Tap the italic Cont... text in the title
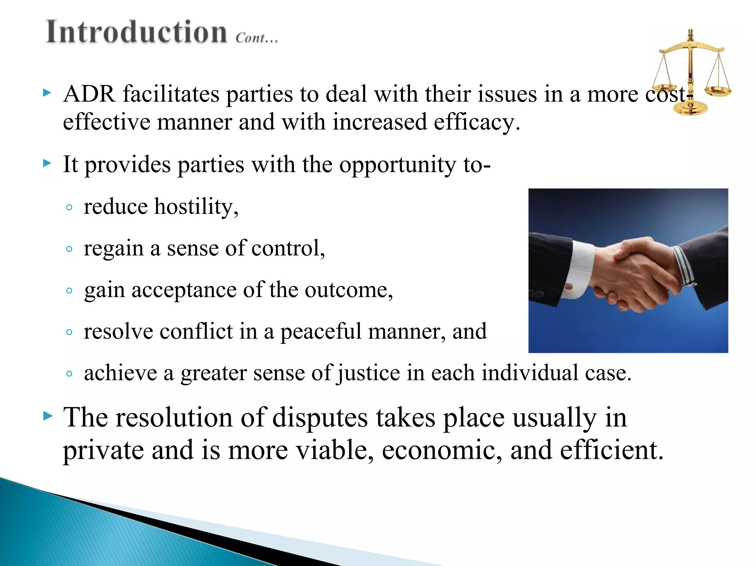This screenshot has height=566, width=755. pyautogui.click(x=257, y=38)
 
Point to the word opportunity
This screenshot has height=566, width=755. pyautogui.click(x=397, y=165)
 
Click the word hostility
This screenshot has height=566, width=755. pyautogui.click(x=196, y=207)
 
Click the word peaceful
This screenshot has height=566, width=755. pyautogui.click(x=321, y=331)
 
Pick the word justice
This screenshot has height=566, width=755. pyautogui.click(x=368, y=373)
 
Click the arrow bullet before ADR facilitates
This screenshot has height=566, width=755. pyautogui.click(x=47, y=92)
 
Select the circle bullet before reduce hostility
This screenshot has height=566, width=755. pyautogui.click(x=69, y=207)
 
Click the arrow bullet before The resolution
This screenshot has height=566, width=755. pyautogui.click(x=48, y=416)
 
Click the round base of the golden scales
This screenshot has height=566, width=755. pyautogui.click(x=690, y=109)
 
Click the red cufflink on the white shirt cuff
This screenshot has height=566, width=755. pyautogui.click(x=569, y=287)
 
